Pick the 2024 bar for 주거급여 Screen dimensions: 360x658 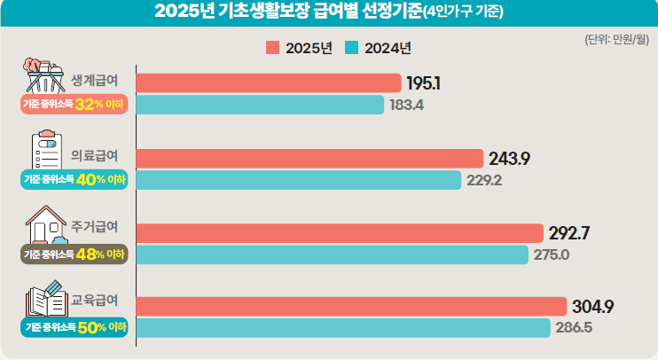(333, 254)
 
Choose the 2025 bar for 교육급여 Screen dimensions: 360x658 (350, 307)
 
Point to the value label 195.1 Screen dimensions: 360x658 (424, 83)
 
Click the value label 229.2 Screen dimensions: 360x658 (484, 180)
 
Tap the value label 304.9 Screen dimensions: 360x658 (593, 307)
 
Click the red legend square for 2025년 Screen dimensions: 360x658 (272, 48)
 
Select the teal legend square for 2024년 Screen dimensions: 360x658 (351, 48)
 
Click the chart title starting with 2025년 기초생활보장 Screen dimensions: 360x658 (328, 12)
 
